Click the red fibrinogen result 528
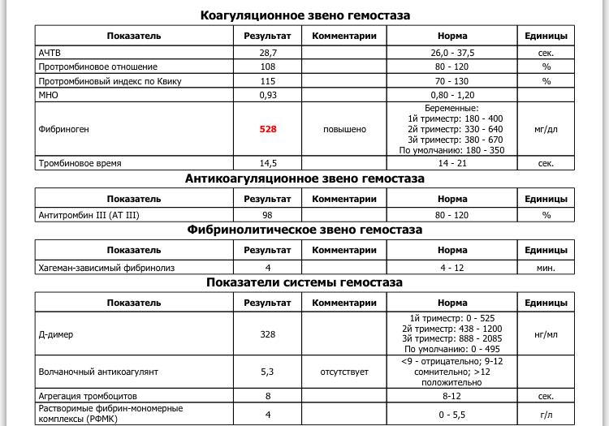[268, 129]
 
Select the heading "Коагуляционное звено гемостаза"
[304, 15]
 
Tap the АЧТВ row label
[50, 52]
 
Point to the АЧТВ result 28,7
[268, 52]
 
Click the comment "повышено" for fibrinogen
[345, 129]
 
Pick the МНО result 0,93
[268, 95]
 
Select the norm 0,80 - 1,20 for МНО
[452, 95]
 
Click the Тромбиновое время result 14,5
[268, 163]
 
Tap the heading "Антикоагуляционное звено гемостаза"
[304, 179]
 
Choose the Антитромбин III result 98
[268, 215]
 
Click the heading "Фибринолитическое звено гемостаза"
[304, 230]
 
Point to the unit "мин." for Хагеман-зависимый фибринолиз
[546, 267]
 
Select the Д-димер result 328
[268, 334]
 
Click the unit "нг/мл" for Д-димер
[546, 334]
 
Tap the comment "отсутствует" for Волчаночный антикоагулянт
[345, 372]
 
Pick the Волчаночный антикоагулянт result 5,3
[268, 372]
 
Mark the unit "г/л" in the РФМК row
[546, 414]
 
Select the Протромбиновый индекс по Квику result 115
[268, 81]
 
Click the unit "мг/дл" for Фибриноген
[546, 129]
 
